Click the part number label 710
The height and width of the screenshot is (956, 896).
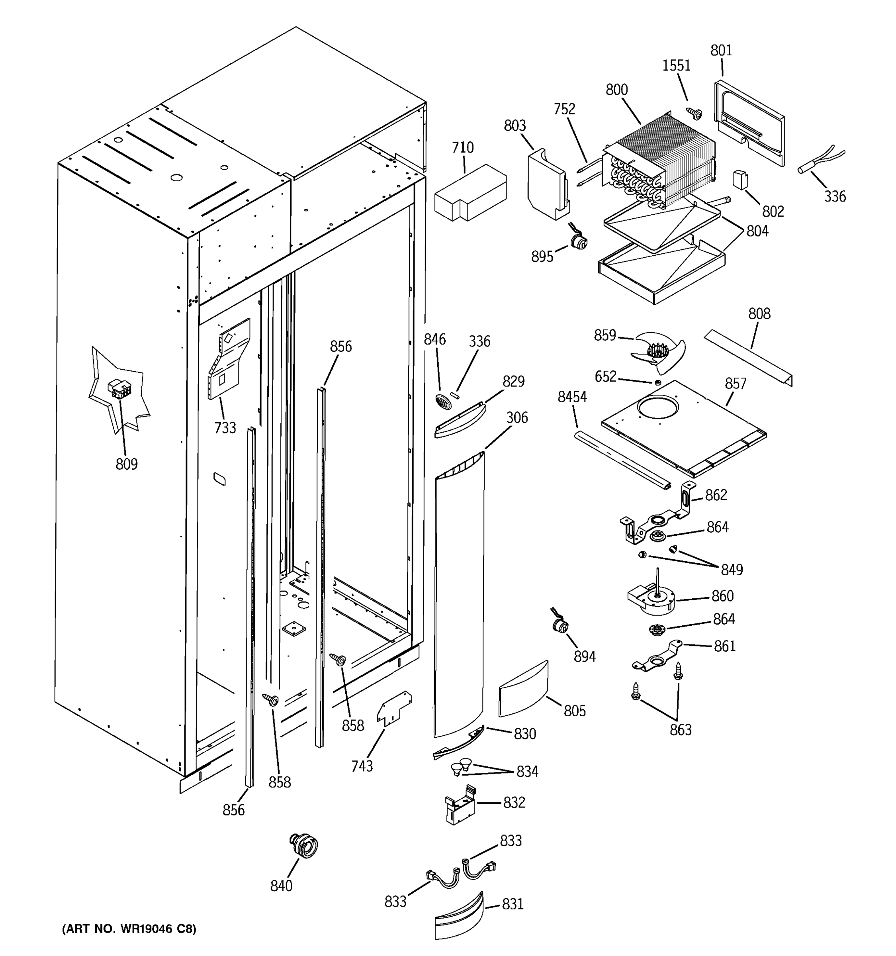pyautogui.click(x=462, y=148)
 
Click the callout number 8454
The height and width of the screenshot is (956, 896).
pyautogui.click(x=572, y=397)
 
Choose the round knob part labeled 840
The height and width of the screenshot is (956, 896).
pyautogui.click(x=304, y=845)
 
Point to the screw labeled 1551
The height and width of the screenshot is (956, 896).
pyautogui.click(x=694, y=114)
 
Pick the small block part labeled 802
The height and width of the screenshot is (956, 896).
pyautogui.click(x=740, y=179)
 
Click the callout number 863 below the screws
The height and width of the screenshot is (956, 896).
pyautogui.click(x=681, y=729)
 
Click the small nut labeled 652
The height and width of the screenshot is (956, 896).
pyautogui.click(x=657, y=382)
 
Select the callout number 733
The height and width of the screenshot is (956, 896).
pyautogui.click(x=225, y=427)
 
